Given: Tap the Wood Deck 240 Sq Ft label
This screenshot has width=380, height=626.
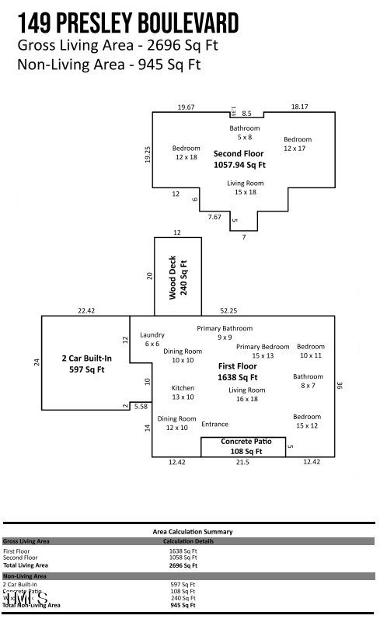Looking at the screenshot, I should pyautogui.click(x=178, y=276).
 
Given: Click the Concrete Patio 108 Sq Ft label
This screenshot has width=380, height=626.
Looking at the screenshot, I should pyautogui.click(x=246, y=446).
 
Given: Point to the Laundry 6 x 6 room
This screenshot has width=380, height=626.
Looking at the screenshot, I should pyautogui.click(x=152, y=339).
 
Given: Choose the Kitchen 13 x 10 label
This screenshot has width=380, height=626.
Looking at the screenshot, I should pyautogui.click(x=183, y=392).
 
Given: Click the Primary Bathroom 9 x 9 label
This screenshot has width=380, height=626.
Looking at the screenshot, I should pyautogui.click(x=225, y=333).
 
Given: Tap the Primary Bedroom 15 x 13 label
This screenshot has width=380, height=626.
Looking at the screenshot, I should pyautogui.click(x=263, y=351).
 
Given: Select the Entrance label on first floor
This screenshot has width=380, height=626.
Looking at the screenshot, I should pyautogui.click(x=215, y=424).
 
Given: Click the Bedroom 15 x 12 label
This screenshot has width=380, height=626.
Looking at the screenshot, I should pyautogui.click(x=307, y=421).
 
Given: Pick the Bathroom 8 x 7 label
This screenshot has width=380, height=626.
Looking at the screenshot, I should pyautogui.click(x=308, y=381).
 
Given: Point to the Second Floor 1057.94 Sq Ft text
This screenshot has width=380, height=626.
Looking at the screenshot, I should pyautogui.click(x=239, y=159).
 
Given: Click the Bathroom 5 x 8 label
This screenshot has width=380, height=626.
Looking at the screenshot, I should pyautogui.click(x=244, y=132).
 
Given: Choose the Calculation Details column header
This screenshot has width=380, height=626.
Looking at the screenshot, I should pyautogui.click(x=188, y=540).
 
